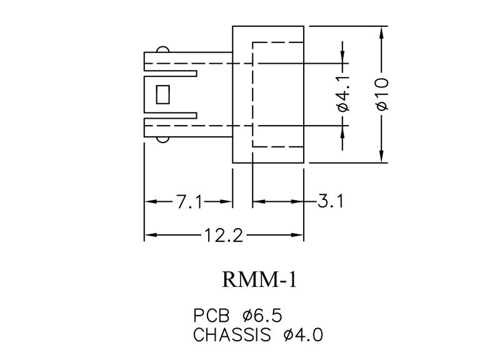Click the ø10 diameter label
[x=382, y=94]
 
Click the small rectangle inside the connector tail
[x=164, y=94]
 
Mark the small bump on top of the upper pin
[x=163, y=49]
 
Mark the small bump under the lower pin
[x=163, y=140]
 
